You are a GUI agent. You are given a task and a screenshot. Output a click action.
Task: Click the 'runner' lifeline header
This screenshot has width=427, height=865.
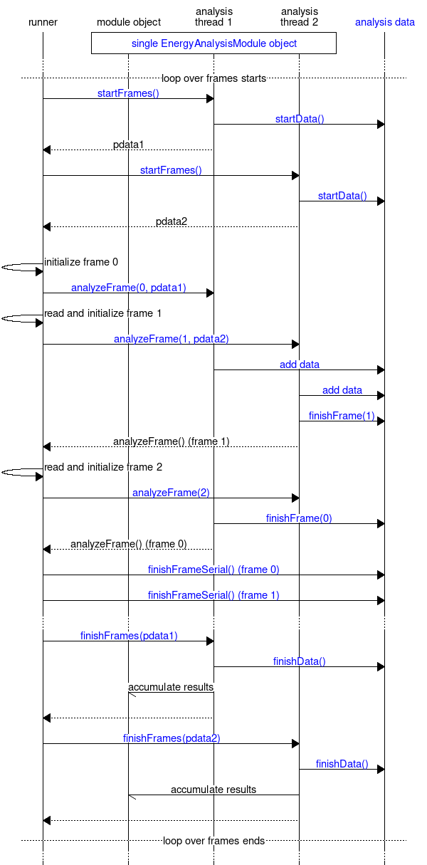coord(43,22)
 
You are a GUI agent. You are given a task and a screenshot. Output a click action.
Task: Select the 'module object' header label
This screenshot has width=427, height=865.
coord(129,22)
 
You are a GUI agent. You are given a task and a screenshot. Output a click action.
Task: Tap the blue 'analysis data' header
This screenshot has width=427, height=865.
coord(384,22)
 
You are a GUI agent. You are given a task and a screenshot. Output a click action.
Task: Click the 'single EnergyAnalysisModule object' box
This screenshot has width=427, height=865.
coord(213,43)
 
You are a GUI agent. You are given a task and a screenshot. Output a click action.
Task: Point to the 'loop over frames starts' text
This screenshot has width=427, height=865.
coord(213,78)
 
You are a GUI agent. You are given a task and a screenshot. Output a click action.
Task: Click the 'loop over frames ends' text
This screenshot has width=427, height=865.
coord(213,841)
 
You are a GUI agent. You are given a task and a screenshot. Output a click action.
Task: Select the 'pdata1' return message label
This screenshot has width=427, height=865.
coord(128,145)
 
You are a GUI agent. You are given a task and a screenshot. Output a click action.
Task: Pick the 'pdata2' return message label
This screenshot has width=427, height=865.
coord(172,221)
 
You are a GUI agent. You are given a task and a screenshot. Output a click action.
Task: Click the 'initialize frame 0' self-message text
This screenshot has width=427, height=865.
coord(81,262)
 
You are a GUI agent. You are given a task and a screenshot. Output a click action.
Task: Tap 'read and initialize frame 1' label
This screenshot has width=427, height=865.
coord(103,313)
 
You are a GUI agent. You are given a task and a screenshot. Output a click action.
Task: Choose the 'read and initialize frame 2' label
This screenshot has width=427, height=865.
coord(103,467)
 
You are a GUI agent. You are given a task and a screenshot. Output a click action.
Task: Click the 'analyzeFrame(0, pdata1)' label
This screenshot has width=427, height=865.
coord(128,288)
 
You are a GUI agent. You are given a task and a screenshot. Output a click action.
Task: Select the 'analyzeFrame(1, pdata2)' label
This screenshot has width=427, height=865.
coord(171,339)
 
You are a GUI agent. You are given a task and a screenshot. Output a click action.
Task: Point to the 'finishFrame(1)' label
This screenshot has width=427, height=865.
coord(342,416)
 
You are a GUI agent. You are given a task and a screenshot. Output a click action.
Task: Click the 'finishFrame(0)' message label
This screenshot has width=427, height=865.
coord(299,518)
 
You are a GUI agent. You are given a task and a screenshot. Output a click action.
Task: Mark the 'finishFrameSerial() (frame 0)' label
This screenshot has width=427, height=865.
coord(213,570)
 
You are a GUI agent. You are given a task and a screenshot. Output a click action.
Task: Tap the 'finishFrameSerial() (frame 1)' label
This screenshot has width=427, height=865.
coord(213,595)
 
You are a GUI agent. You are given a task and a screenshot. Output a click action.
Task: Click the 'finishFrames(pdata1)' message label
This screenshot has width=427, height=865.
coord(128,636)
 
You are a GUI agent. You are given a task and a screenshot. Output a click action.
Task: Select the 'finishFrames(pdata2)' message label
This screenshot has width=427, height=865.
coord(171,738)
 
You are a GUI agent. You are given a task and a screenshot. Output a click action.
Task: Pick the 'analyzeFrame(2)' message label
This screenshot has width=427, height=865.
coord(171,493)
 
